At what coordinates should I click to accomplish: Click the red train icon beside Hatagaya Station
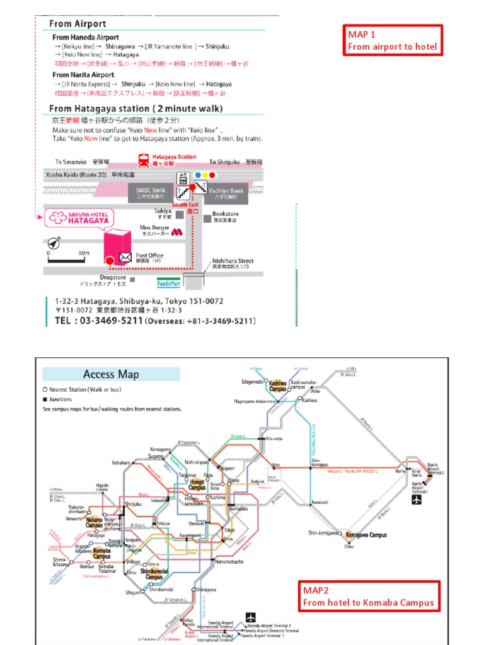(x=144, y=160)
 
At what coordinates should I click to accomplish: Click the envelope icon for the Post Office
(x=125, y=257)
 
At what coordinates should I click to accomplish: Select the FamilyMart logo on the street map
(x=168, y=281)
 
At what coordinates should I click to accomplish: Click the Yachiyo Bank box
(x=228, y=192)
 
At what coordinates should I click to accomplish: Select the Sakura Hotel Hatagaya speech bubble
(x=71, y=219)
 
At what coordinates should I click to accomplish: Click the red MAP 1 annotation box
(x=392, y=40)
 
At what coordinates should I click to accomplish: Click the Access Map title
(x=111, y=374)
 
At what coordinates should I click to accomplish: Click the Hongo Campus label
(x=197, y=484)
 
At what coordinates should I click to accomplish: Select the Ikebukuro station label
(x=120, y=463)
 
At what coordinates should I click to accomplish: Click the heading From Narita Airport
(x=83, y=74)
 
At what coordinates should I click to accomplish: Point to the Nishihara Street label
(x=233, y=260)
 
